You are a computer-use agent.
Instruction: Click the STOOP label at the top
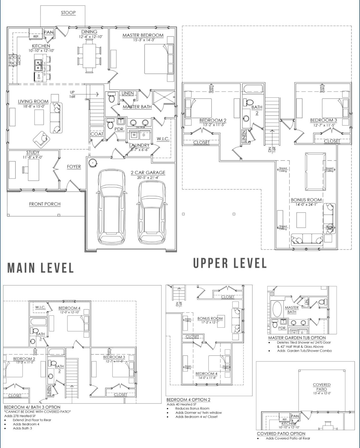point(68,13)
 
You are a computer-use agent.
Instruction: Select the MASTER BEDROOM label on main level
point(143,35)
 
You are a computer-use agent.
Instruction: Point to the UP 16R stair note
point(72,94)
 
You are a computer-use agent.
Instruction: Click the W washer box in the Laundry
point(134,135)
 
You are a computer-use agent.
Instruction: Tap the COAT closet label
point(97,134)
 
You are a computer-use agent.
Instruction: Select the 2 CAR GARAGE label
point(148,172)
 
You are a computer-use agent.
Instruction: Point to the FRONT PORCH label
point(45,204)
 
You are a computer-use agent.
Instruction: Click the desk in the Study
point(33,170)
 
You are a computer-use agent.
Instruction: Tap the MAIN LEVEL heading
point(40,268)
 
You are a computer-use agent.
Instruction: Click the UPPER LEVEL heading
point(230,263)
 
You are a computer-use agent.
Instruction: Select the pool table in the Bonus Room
point(315,171)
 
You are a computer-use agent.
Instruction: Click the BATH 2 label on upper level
point(257,110)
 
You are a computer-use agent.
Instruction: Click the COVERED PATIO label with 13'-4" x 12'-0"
point(322,387)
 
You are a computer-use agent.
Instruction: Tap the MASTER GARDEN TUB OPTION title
point(297,338)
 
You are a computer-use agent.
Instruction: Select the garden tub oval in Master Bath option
point(277,309)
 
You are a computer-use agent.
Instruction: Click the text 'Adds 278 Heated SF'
point(20,416)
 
